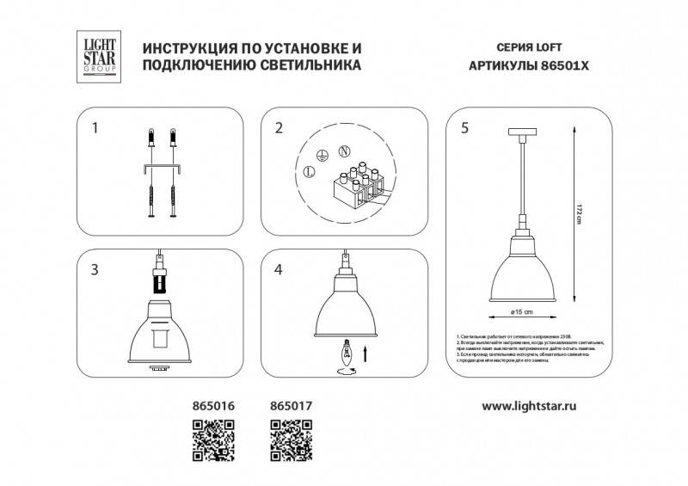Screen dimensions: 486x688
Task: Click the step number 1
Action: point(95,129)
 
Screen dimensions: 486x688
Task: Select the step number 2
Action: point(279,129)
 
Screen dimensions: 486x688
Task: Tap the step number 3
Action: point(95,270)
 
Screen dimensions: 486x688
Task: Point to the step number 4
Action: point(279,270)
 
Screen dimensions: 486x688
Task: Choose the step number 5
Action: point(464,129)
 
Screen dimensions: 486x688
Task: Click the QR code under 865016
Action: point(212,439)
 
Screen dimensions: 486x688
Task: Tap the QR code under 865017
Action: point(292,439)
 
